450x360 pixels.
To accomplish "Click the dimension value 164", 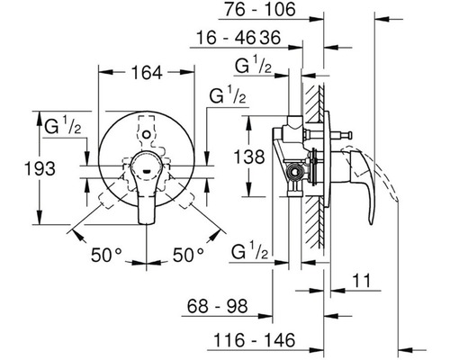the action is (x=147, y=73).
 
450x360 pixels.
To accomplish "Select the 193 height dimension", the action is (x=40, y=168).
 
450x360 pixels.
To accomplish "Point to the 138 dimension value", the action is (x=249, y=157).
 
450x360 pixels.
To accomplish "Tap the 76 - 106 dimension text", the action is (x=260, y=9).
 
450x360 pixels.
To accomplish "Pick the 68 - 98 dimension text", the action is (x=218, y=306).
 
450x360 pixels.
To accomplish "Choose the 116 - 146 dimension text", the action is (x=255, y=340).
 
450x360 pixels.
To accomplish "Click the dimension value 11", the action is (x=361, y=281).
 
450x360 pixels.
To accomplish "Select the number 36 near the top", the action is (x=270, y=38).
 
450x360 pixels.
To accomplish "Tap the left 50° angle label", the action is (x=106, y=256).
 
